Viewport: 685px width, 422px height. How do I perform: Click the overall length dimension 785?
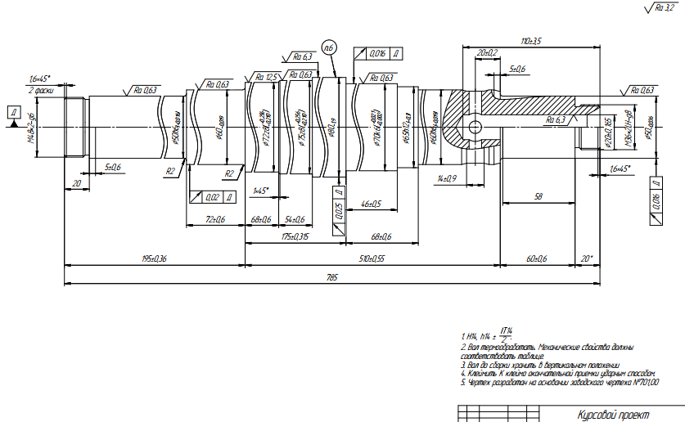coord(331,277)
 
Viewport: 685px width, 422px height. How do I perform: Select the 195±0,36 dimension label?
coord(155,259)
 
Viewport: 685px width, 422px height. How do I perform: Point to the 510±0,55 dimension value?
coord(372,259)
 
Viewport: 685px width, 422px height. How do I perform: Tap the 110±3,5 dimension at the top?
coord(532,40)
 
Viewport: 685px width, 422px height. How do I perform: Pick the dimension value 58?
coord(538,196)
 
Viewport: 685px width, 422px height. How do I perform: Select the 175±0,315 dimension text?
coord(294,236)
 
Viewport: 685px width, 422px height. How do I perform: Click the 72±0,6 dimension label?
coord(215,219)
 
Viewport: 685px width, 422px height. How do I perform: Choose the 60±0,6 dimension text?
coord(536,258)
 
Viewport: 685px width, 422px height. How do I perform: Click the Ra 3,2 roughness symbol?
coord(660,7)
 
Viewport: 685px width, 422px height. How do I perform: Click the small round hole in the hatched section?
coord(474,127)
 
